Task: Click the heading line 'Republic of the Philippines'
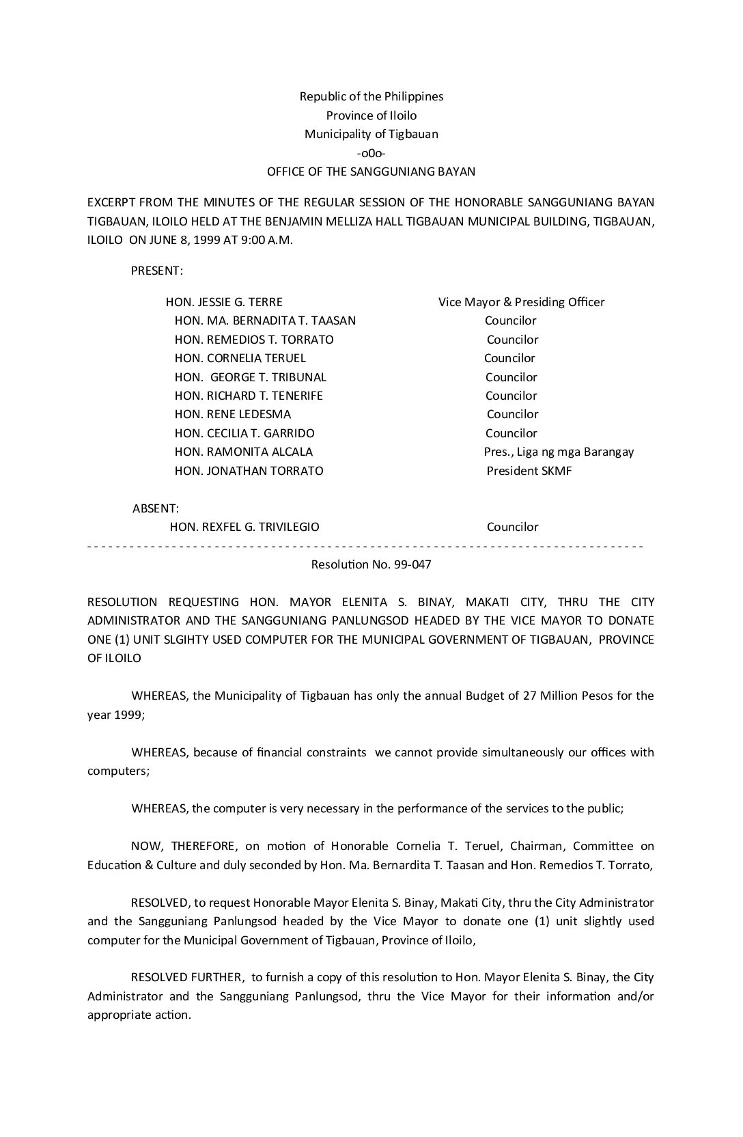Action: (x=371, y=96)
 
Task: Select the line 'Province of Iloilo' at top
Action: (x=371, y=115)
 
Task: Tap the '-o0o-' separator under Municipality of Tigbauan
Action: (x=371, y=153)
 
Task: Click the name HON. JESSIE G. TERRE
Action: (x=224, y=302)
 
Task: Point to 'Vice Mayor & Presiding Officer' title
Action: (x=521, y=302)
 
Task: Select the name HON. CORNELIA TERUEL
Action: (x=240, y=358)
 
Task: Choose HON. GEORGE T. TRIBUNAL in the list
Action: (x=250, y=377)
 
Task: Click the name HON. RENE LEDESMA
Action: (x=232, y=414)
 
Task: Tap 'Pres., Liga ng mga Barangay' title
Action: (x=559, y=452)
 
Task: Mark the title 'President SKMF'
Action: (x=529, y=471)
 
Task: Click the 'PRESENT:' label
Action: (x=156, y=271)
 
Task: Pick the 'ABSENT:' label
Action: (x=156, y=508)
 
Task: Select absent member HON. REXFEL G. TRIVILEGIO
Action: (x=244, y=527)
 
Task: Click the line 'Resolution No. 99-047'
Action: (x=371, y=565)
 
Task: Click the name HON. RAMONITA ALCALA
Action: (x=243, y=452)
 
